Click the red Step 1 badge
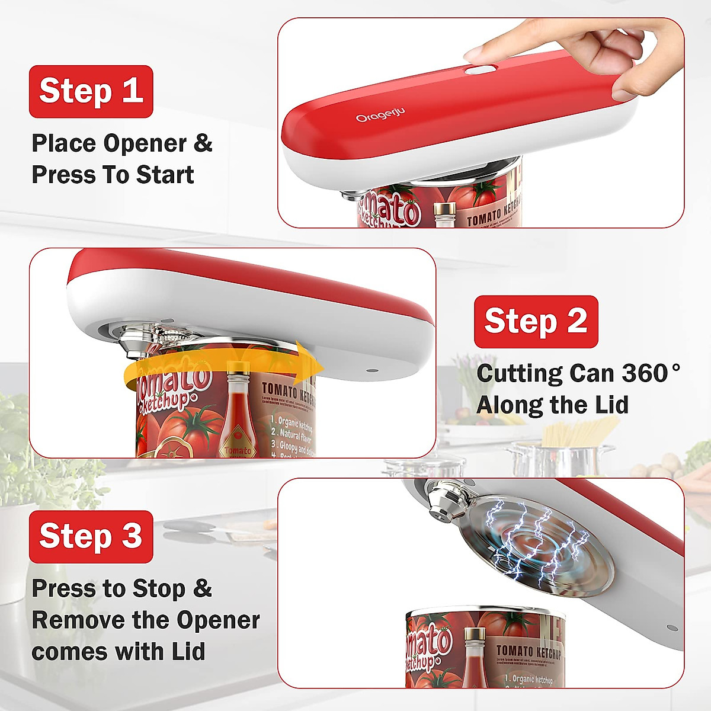[91, 91]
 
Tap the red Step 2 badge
[536, 321]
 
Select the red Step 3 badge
[91, 536]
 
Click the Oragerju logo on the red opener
[380, 114]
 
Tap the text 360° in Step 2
[651, 373]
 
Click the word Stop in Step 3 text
[159, 589]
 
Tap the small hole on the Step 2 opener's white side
[372, 370]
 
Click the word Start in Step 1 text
[165, 175]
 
